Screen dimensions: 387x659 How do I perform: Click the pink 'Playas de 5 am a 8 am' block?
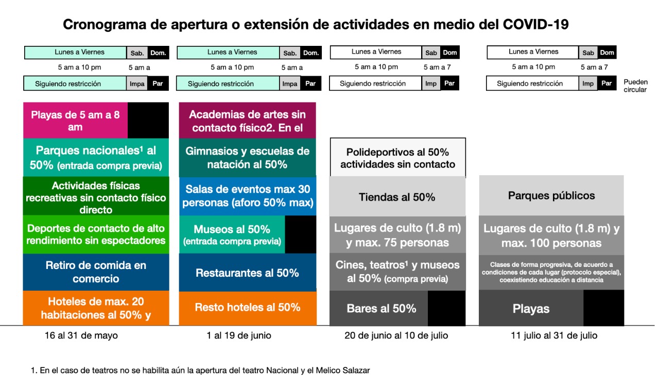pos(75,121)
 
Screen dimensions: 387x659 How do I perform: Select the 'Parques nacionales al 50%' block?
pos(96,158)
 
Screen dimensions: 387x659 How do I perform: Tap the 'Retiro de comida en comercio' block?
pos(96,272)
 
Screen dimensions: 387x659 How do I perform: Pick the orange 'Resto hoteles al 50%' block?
pos(247,308)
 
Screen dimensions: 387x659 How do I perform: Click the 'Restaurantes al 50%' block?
pos(247,273)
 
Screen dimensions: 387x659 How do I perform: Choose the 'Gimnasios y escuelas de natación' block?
pos(247,158)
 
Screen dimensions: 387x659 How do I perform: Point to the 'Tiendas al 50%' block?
pos(397,197)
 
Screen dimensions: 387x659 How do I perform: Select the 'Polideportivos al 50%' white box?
pos(397,158)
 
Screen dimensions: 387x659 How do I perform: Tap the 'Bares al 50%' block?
pos(381,309)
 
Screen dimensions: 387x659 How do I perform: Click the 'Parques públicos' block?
pos(551,196)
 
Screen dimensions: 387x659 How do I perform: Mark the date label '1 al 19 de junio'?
pos(239,336)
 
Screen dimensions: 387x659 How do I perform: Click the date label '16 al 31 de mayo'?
pos(81,336)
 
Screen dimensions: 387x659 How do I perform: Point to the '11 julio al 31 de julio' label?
pos(554,336)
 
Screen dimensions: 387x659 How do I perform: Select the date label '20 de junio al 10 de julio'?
pos(396,336)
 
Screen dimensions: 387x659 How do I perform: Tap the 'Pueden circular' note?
pos(635,86)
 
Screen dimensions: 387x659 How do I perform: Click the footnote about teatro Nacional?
pos(200,370)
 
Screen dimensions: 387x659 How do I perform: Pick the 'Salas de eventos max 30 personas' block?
pos(247,196)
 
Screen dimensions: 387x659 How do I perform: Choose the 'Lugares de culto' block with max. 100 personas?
pos(551,235)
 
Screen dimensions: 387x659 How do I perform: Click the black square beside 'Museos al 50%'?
pos(300,234)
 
